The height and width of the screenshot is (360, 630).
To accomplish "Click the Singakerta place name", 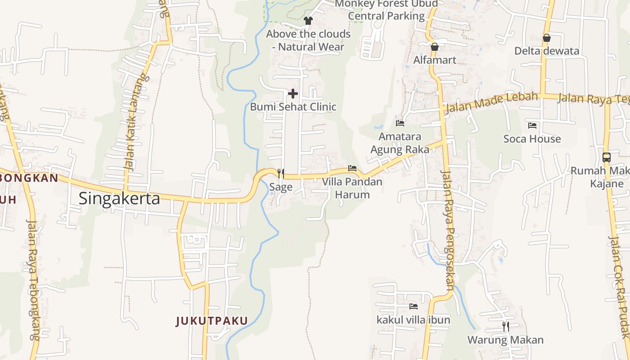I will [119, 198].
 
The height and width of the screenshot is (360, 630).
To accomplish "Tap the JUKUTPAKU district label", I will [211, 321].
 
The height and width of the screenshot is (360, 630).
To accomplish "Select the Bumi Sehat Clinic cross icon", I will [293, 94].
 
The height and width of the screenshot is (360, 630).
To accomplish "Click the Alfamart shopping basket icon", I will [435, 47].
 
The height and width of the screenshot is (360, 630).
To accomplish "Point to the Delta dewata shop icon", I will [547, 38].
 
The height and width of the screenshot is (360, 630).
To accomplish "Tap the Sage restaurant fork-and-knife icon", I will [281, 173].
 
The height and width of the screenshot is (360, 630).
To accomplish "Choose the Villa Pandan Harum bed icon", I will [352, 168].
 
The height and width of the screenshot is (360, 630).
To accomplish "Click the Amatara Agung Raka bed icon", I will [400, 123].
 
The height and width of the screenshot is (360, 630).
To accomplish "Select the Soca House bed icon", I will [532, 125].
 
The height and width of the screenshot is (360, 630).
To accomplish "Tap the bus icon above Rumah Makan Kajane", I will [607, 157].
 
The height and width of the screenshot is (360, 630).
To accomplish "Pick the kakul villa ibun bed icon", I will [414, 306].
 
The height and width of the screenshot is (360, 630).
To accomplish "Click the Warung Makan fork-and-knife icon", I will [506, 326].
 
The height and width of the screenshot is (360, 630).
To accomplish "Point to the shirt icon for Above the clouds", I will [308, 20].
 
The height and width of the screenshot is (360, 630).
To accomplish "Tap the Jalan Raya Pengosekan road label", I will [449, 229].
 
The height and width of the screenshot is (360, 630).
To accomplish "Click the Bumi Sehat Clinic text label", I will [293, 107].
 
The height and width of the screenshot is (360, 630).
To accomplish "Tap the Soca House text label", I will [532, 139].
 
